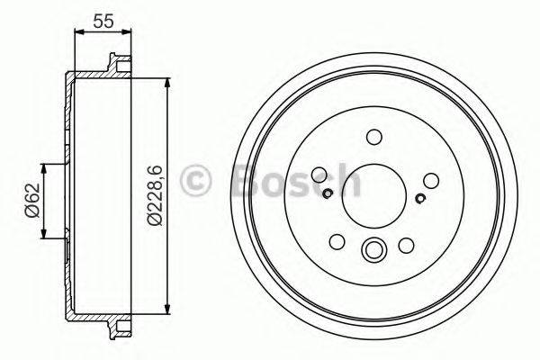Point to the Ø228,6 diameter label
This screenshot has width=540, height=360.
tap(154, 194)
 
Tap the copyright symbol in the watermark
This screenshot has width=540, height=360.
tap(196, 181)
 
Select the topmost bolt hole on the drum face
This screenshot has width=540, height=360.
tap(373, 137)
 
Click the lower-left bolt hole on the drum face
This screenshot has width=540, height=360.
tap(337, 241)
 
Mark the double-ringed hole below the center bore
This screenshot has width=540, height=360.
tap(373, 251)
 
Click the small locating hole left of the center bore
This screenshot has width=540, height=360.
tap(328, 192)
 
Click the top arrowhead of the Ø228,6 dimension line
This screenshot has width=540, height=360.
tap(167, 80)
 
